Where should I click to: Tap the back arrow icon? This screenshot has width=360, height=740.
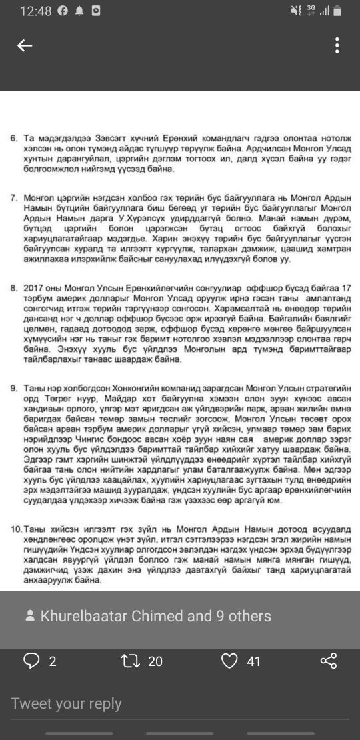click(x=25, y=45)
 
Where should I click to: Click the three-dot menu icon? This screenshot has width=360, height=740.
click(x=337, y=45)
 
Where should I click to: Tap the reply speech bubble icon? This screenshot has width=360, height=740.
click(x=31, y=661)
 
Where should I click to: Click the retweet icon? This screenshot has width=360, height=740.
click(x=127, y=661)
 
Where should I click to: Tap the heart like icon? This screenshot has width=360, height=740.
click(x=229, y=661)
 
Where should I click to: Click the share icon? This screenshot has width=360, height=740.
click(x=329, y=661)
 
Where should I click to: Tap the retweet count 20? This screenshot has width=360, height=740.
click(x=155, y=661)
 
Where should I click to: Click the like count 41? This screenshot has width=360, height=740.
click(x=253, y=661)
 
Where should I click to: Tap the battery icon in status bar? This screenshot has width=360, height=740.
click(x=337, y=11)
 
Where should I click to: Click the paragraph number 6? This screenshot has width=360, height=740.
click(x=13, y=137)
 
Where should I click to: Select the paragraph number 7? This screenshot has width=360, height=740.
click(x=13, y=199)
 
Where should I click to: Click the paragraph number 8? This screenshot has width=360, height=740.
click(x=13, y=288)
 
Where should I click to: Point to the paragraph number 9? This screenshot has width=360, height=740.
click(x=13, y=388)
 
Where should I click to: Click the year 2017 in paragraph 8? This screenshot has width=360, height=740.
click(x=33, y=288)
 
